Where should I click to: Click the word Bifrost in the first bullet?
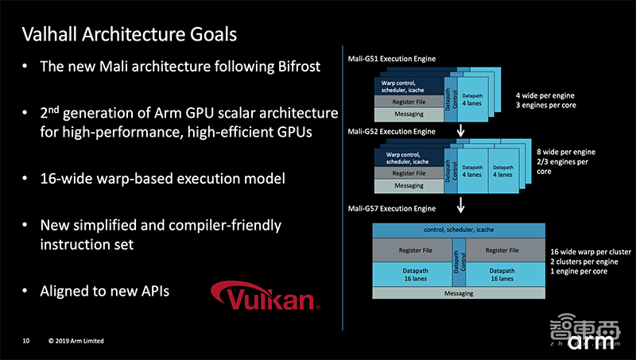click(291, 67)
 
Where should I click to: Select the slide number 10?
click(26, 341)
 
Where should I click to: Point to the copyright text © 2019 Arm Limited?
click(76, 341)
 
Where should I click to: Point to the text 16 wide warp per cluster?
click(590, 252)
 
